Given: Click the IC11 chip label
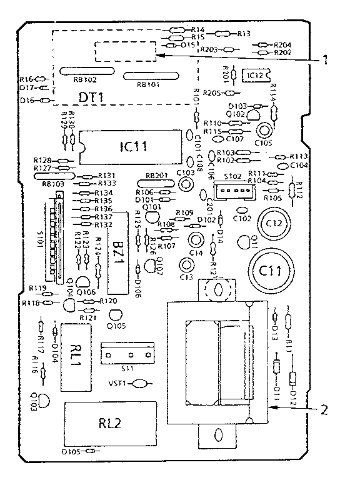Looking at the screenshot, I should point(132,146).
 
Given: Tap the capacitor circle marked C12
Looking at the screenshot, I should point(275,223).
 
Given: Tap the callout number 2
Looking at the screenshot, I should point(323,410).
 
